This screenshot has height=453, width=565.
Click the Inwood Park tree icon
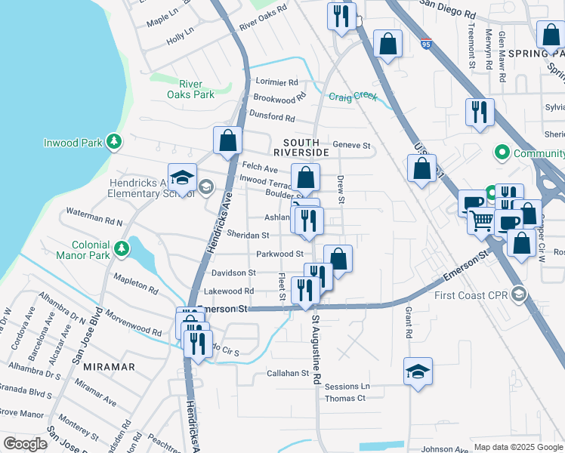pyautogui.click(x=114, y=141)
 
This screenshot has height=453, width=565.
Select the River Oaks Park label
pyautogui.click(x=191, y=89)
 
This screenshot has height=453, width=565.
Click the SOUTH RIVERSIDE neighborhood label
pyautogui.click(x=306, y=147)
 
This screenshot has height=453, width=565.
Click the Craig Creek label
pyautogui.click(x=352, y=96)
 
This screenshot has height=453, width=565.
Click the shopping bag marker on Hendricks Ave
pyautogui.click(x=227, y=140)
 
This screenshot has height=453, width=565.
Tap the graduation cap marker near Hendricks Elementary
pyautogui.click(x=182, y=177)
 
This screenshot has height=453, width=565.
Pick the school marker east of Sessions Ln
pyautogui.click(x=418, y=371)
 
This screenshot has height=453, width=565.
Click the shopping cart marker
pyautogui.click(x=481, y=220)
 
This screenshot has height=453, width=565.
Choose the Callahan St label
pyautogui.click(x=288, y=373)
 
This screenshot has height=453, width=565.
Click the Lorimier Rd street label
pyautogui.click(x=276, y=82)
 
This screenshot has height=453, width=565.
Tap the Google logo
pyautogui.click(x=25, y=444)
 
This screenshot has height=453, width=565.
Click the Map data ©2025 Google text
pyautogui.click(x=518, y=447)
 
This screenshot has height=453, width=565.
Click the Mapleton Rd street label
pyautogui.click(x=136, y=285)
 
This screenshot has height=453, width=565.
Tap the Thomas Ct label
pyautogui.click(x=344, y=398)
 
